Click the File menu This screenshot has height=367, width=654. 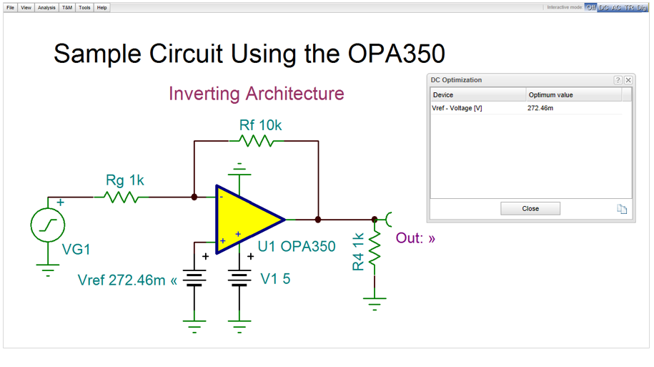pyautogui.click(x=10, y=7)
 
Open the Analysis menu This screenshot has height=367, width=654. pyautogui.click(x=46, y=7)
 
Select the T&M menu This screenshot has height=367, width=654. pyautogui.click(x=67, y=7)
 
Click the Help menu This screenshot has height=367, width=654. pyautogui.click(x=102, y=7)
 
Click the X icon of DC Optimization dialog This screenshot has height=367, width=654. pyautogui.click(x=628, y=80)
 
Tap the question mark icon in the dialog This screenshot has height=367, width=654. pyautogui.click(x=618, y=80)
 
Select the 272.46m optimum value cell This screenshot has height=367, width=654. pyautogui.click(x=540, y=108)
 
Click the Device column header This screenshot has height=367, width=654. pyautogui.click(x=477, y=94)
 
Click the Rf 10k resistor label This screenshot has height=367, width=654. pyautogui.click(x=260, y=125)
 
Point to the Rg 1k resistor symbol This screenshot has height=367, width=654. pyautogui.click(x=122, y=196)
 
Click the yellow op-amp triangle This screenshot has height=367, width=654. pyautogui.click(x=247, y=219)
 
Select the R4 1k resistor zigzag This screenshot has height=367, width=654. pyautogui.click(x=375, y=250)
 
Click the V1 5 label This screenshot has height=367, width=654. pyautogui.click(x=275, y=279)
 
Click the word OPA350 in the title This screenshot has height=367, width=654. pyautogui.click(x=396, y=54)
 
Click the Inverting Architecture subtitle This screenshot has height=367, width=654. pyautogui.click(x=256, y=94)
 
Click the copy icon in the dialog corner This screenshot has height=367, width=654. pyautogui.click(x=622, y=209)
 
